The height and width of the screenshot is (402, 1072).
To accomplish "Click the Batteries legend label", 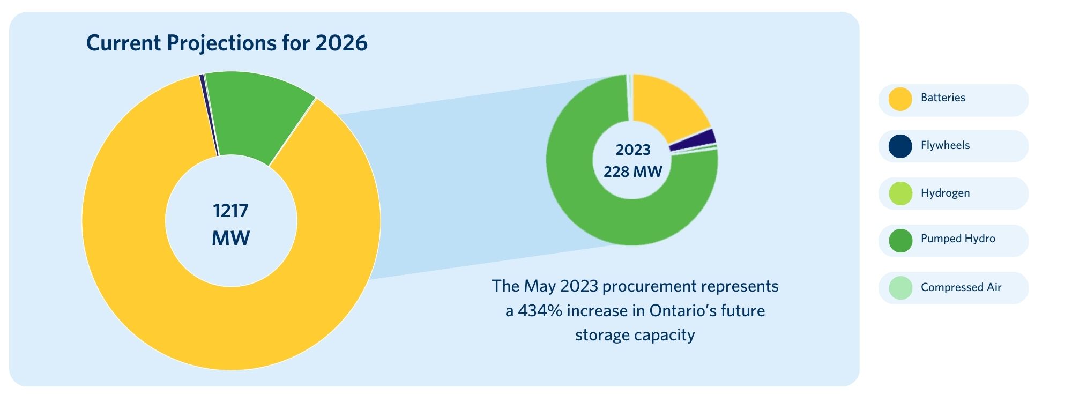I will (x=943, y=98).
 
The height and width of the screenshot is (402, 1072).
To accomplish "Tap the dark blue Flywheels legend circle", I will (x=900, y=146).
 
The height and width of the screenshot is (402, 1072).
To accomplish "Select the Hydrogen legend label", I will (x=945, y=193).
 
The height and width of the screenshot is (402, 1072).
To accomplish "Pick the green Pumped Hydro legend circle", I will (x=900, y=241).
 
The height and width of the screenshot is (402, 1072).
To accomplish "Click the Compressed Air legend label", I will (x=961, y=287).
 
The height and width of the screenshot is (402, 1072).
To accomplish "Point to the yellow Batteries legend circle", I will (x=900, y=99).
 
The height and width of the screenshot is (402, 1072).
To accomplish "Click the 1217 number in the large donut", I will (x=230, y=211).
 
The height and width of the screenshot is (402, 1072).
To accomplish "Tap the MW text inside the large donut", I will (x=230, y=238).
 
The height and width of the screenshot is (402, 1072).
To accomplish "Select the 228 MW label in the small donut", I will (x=632, y=172).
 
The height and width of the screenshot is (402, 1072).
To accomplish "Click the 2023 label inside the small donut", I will (x=632, y=150).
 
